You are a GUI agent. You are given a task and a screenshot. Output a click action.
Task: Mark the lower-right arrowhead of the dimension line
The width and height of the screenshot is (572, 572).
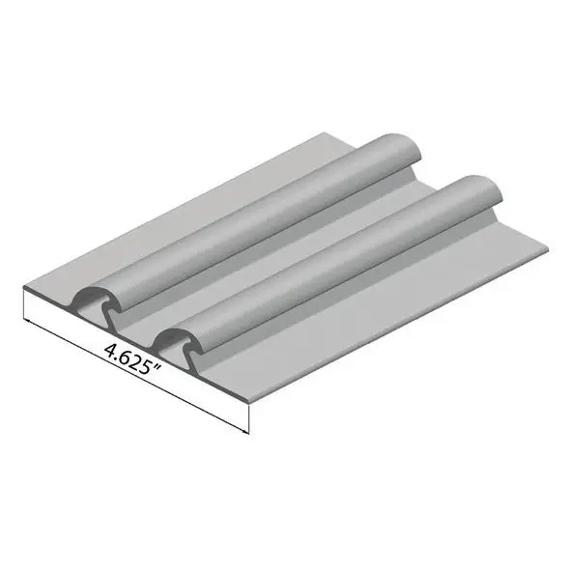tap(245, 432)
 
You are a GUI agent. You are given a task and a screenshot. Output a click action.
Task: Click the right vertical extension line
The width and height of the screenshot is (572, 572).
tap(248, 418)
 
